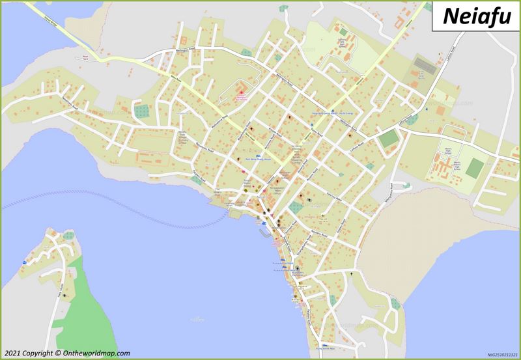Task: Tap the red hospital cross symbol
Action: click(x=239, y=96)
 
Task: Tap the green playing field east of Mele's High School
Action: click(x=475, y=167)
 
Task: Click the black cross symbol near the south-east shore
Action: click(x=352, y=275)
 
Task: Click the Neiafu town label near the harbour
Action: click(x=260, y=195)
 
